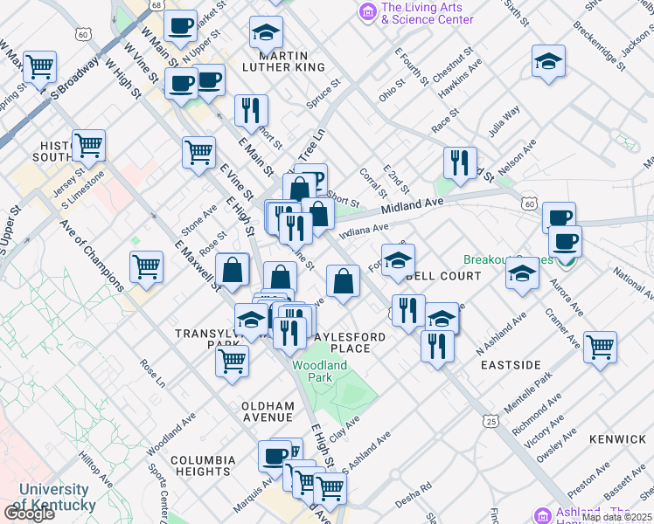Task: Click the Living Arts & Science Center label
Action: (x=427, y=13)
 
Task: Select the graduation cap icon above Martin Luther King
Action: (x=266, y=33)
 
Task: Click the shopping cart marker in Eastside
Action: (x=600, y=347)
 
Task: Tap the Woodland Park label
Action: (x=320, y=371)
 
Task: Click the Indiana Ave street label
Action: (x=364, y=230)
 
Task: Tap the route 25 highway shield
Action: (x=492, y=422)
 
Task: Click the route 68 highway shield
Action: (x=155, y=5)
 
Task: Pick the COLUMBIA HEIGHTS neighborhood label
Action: (x=203, y=465)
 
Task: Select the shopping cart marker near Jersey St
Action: (x=88, y=145)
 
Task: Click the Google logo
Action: (x=28, y=514)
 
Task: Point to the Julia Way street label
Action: (x=504, y=121)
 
